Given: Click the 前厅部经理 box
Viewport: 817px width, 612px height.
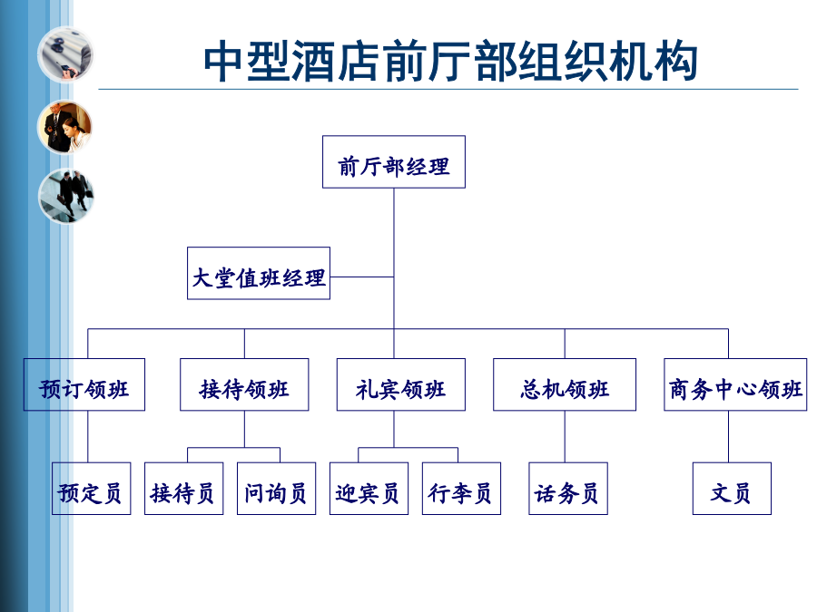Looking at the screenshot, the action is (x=393, y=162).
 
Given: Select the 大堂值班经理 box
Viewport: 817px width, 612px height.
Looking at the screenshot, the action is (x=259, y=273).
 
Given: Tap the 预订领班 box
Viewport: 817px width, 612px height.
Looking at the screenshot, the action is (x=84, y=384).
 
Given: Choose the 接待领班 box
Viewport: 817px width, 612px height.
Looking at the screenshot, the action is (x=244, y=384).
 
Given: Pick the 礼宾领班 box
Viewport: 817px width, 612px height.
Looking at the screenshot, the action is (x=400, y=384).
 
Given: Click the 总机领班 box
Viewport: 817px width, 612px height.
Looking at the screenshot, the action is (x=565, y=384).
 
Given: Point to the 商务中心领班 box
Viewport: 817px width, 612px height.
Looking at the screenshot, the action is (x=735, y=384).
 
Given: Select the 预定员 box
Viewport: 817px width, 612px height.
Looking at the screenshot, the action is (x=91, y=489).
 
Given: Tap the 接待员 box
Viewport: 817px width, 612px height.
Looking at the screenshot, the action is (x=184, y=489).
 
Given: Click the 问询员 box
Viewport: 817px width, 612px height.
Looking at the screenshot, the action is (x=276, y=489).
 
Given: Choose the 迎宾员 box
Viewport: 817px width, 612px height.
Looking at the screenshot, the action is (x=369, y=489).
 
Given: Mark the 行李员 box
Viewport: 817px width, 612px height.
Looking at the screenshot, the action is (x=461, y=489).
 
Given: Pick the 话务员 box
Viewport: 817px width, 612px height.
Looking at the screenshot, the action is (x=568, y=489).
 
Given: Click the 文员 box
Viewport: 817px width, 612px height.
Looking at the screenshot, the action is (x=732, y=489).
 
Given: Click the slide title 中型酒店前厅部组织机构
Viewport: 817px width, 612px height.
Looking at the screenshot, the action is (x=450, y=62).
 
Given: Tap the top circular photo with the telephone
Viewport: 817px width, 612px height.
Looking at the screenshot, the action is (x=65, y=54).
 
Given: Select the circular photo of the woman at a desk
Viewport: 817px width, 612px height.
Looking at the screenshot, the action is (x=65, y=127).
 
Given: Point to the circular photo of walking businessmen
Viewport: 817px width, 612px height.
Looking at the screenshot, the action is (x=65, y=196).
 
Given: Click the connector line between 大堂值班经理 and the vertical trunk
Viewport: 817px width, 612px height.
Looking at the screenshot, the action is (x=361, y=277).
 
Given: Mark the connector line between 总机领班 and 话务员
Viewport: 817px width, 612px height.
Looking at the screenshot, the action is (x=565, y=437).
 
